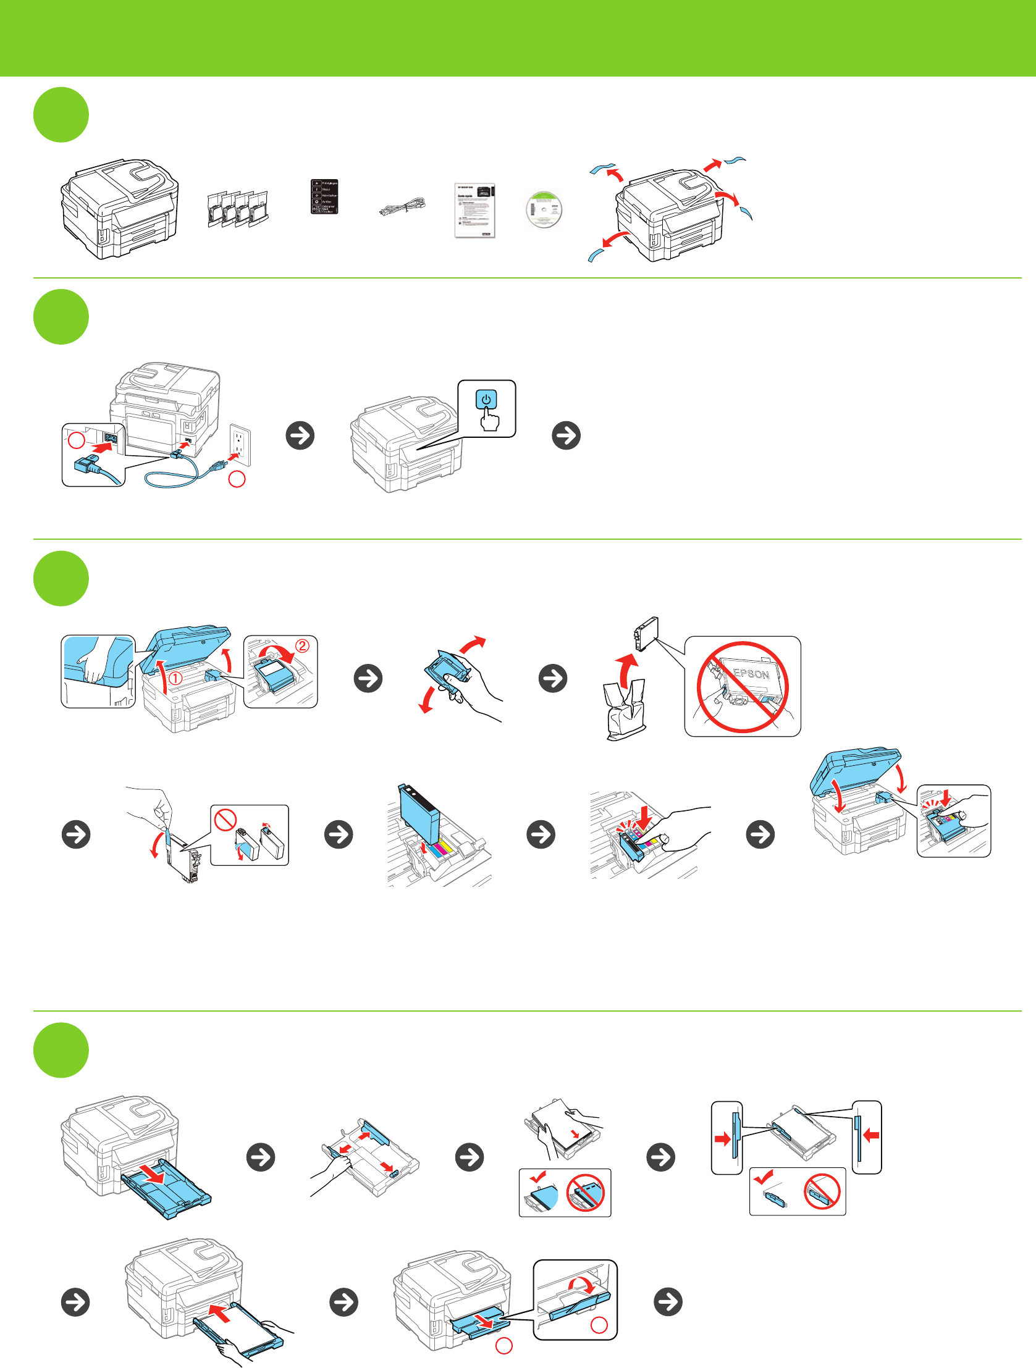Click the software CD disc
[x=544, y=209]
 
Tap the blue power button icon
[x=486, y=400]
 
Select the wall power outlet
[x=240, y=444]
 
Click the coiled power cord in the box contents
[x=403, y=205]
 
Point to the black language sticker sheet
[x=324, y=196]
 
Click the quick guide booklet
[x=474, y=209]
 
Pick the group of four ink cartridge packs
[x=237, y=208]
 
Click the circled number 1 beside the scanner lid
[x=176, y=678]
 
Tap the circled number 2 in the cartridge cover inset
[x=302, y=645]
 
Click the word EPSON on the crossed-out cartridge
[x=751, y=673]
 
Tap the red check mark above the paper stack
[x=537, y=1177]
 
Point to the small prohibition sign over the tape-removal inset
[x=225, y=820]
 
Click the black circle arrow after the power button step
[x=566, y=435]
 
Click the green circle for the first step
[x=61, y=115]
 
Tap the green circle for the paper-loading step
[x=61, y=1050]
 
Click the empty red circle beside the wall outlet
[x=237, y=479]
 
